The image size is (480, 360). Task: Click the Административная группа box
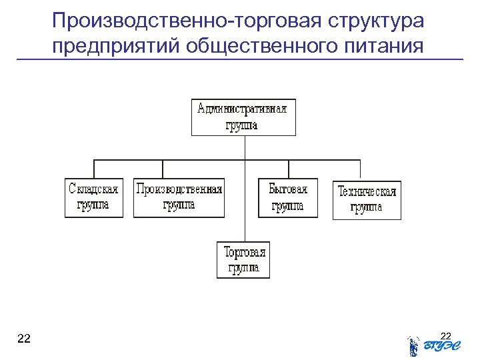(x=243, y=117)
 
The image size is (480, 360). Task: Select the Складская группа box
(x=94, y=197)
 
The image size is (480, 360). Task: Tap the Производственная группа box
(x=179, y=197)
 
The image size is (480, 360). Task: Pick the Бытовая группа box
(x=287, y=197)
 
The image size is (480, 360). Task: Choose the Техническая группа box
(x=367, y=200)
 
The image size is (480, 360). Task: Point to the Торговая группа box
(x=243, y=260)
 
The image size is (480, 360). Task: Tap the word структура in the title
(x=375, y=21)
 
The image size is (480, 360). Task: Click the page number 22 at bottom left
(x=23, y=339)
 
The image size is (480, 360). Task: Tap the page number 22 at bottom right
(x=447, y=334)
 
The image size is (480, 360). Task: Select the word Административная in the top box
(x=243, y=109)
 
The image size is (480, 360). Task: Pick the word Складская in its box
(x=94, y=189)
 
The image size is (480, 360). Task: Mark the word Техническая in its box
(x=367, y=192)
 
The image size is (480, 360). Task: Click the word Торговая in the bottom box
(x=244, y=252)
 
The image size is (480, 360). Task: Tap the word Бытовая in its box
(x=288, y=189)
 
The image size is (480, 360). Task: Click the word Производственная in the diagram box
(x=179, y=189)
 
